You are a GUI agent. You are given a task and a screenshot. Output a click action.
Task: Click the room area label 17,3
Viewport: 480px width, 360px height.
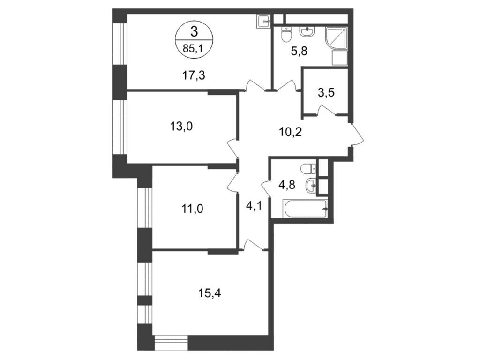194,75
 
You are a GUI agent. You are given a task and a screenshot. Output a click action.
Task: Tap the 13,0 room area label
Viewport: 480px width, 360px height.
181,126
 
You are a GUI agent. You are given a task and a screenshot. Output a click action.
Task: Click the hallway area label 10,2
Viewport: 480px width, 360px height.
290,132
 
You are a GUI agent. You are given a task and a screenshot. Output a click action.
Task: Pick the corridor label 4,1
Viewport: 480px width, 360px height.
254,206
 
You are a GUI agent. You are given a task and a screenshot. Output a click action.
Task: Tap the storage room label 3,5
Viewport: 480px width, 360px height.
326,92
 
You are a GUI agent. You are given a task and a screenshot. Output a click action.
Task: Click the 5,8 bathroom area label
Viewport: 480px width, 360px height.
299,51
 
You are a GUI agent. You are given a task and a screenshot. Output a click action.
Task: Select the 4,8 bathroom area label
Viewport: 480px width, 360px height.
287,185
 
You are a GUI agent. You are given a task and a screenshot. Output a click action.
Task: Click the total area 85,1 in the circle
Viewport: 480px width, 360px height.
194,48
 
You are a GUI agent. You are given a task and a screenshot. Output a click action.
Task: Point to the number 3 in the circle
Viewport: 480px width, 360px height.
194,31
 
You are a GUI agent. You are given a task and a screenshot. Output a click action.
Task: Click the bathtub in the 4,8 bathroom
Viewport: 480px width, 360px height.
306,209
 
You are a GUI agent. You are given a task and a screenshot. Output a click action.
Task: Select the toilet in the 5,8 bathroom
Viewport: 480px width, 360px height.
286,35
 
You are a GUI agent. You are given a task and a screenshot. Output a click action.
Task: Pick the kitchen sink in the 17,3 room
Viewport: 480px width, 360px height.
263,22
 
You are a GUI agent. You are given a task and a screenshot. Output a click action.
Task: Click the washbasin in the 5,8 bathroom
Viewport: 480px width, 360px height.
307,32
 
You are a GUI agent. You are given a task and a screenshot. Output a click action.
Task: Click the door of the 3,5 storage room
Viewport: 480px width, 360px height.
326,109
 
